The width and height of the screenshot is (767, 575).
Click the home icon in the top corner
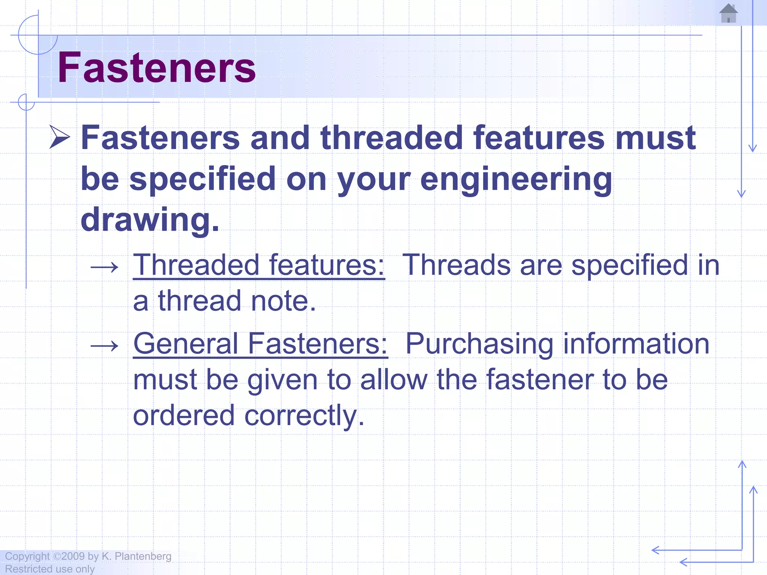[728, 13]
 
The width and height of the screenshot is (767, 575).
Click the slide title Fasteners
[157, 68]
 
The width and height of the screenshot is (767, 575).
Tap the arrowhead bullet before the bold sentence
[60, 137]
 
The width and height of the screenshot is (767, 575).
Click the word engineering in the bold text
[516, 180]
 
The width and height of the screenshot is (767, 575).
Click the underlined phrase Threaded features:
[259, 265]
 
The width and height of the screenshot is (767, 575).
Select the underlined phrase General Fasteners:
[260, 344]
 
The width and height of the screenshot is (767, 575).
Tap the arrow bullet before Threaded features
[104, 267]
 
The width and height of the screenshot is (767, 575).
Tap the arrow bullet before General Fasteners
[104, 346]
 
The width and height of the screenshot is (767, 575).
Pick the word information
[636, 344]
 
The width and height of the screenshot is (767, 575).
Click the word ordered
[184, 415]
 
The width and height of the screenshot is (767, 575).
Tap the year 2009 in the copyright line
[73, 556]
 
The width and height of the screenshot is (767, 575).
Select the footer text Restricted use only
[50, 569]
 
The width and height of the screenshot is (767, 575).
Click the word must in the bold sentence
[655, 138]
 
